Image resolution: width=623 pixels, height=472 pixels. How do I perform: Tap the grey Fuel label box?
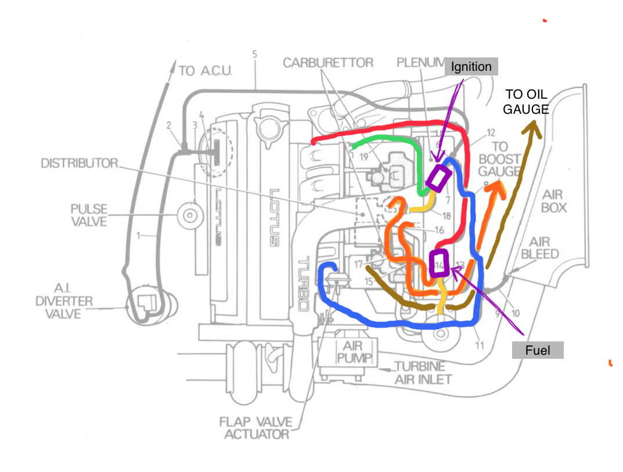click(537, 350)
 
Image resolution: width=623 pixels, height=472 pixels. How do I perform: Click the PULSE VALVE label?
click(88, 215)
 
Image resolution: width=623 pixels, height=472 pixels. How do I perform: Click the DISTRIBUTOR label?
click(78, 163)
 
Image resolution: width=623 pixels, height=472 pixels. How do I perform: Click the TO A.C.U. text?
click(205, 71)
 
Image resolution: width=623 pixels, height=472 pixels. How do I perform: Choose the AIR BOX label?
click(556, 201)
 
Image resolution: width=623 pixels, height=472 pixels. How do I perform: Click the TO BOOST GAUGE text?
click(499, 159)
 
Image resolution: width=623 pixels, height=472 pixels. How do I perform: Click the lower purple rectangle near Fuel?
click(438, 263)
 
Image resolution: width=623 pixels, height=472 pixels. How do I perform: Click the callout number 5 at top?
click(254, 54)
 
